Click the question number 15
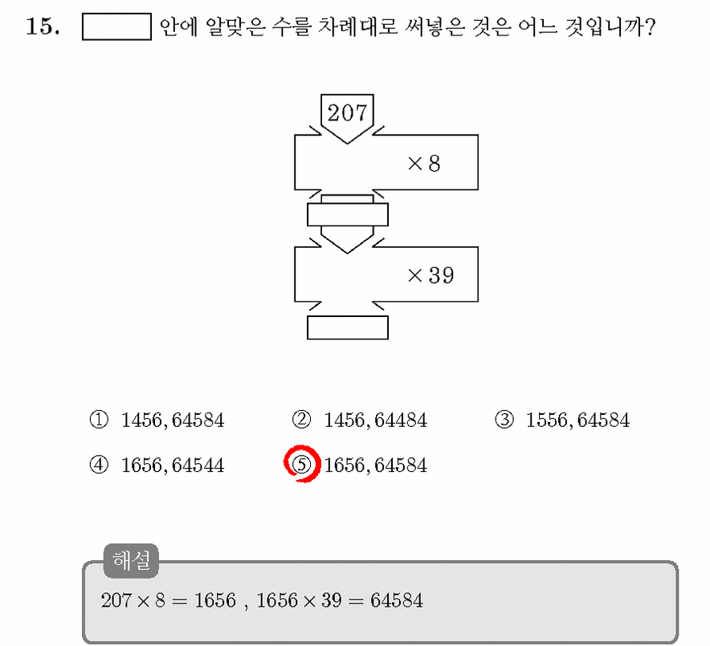(43, 26)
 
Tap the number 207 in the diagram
(347, 112)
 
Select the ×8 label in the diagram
(424, 164)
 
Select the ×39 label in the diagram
(430, 275)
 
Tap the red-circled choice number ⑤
(302, 464)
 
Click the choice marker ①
(99, 420)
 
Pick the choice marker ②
(301, 420)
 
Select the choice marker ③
(504, 420)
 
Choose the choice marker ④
(99, 465)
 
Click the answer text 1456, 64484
(375, 421)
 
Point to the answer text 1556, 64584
(577, 421)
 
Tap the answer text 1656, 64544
(173, 465)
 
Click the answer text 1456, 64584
(173, 421)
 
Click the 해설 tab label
(131, 560)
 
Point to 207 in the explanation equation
(116, 601)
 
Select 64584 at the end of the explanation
(397, 601)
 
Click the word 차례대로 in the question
(357, 26)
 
